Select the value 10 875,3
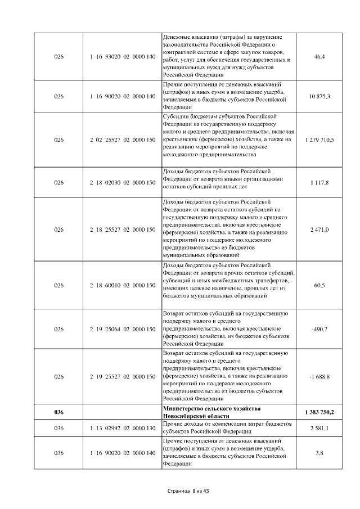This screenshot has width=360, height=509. point(319,96)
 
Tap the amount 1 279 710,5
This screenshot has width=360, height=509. point(319,139)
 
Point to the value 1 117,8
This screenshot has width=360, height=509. point(319,183)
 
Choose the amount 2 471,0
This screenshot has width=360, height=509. point(319,229)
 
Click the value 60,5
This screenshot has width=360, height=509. point(319,285)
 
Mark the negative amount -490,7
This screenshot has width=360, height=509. point(319,329)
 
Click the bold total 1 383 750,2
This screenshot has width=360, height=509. point(319,412)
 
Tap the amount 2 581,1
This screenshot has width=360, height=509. point(319,429)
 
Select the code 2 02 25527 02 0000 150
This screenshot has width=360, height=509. point(122,139)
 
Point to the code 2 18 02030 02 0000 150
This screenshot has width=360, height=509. point(122,183)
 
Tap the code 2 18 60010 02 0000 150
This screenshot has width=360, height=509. point(122,285)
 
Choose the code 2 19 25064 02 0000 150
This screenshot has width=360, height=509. point(122,329)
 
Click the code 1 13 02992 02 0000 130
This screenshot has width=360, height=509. point(122,429)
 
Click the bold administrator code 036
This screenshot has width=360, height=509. point(59,412)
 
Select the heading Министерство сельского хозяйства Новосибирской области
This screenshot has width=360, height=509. point(211,412)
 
